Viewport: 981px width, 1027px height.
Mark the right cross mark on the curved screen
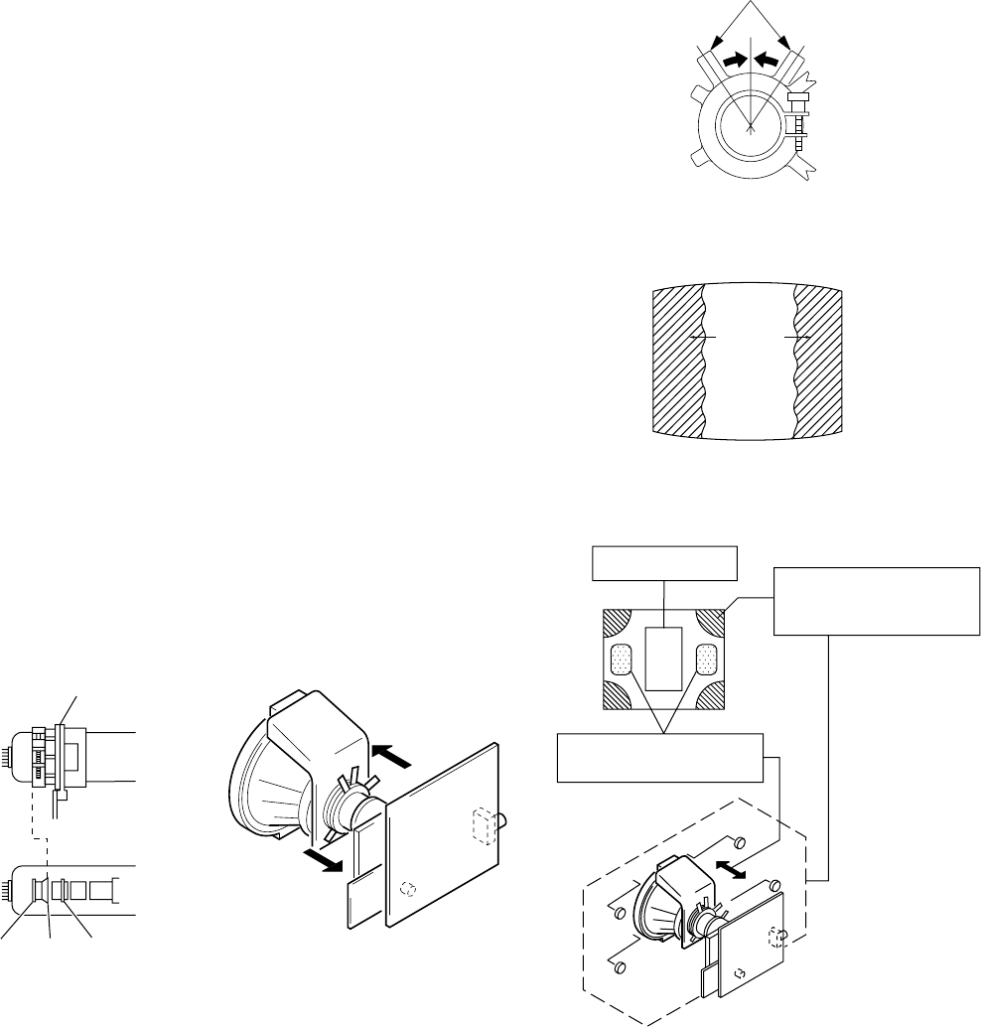point(796,338)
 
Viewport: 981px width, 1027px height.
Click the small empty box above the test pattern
point(664,562)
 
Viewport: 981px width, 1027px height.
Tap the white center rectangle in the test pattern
point(662,658)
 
